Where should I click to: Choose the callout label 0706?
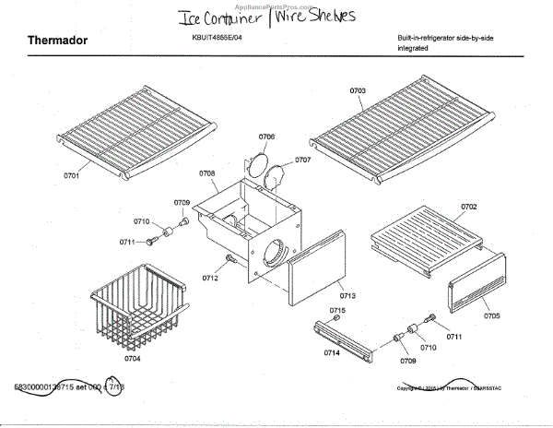pos(266,136)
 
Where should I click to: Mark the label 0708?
pos(206,172)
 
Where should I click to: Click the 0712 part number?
pos(210,278)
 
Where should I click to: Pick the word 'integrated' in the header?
pos(415,47)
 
